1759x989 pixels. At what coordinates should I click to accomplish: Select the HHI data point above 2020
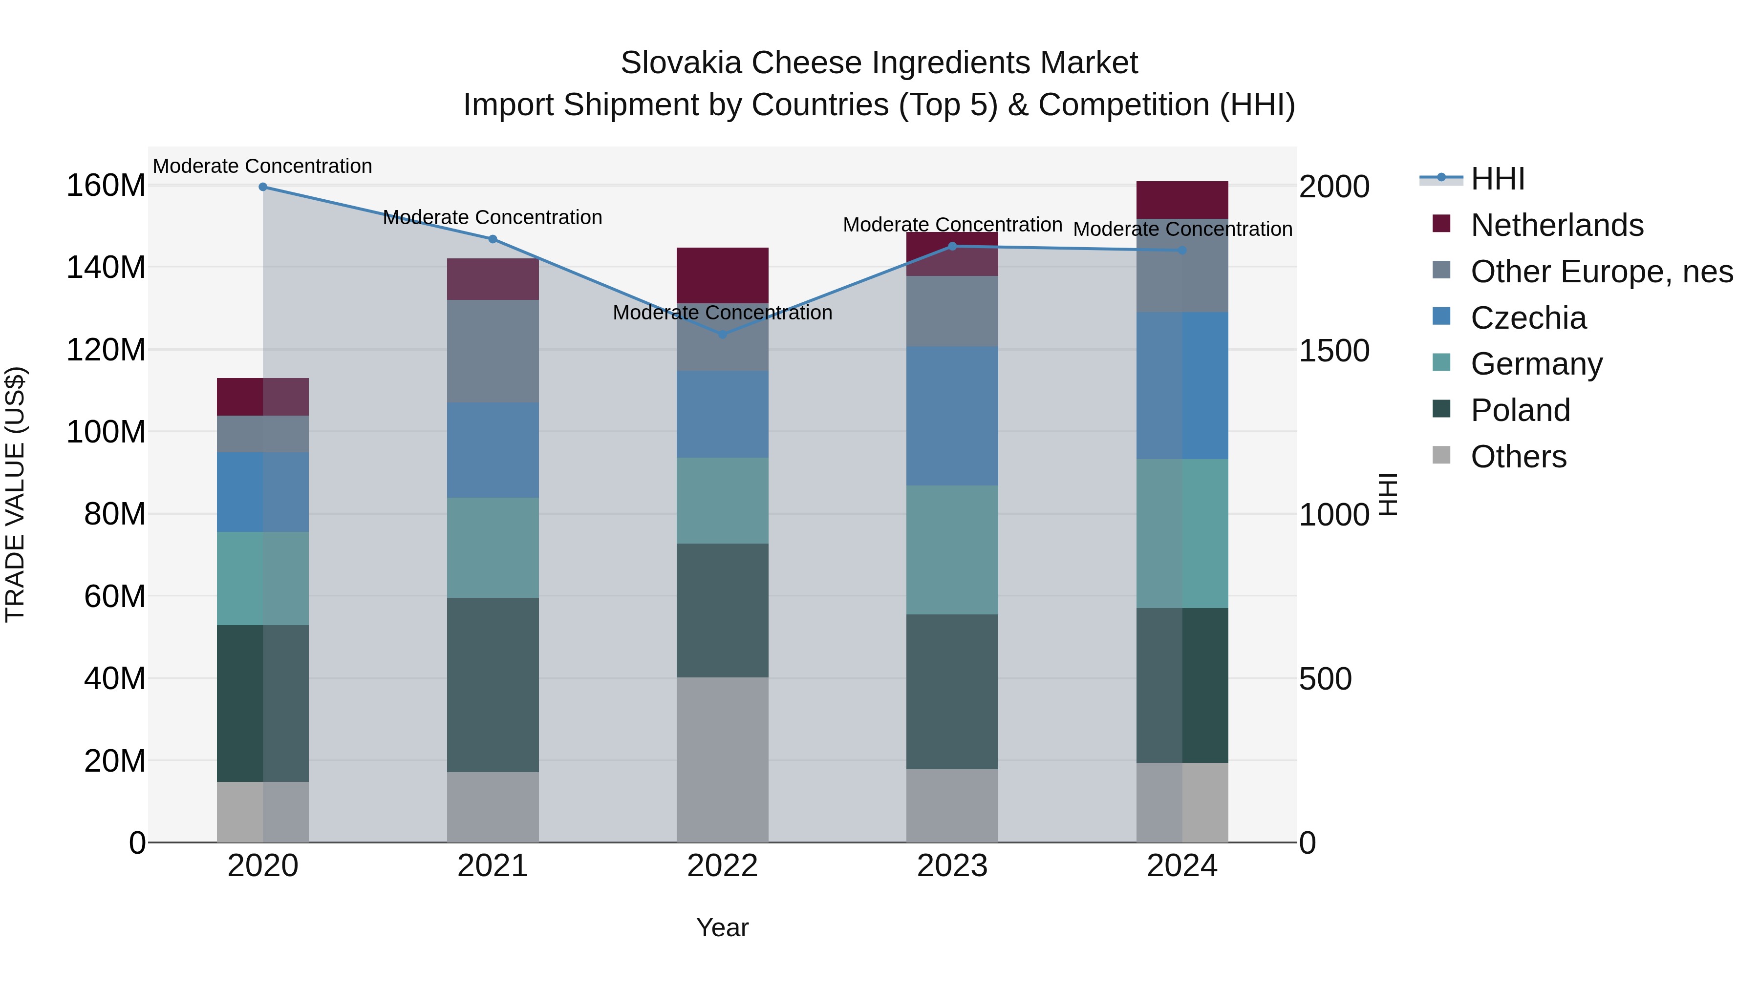pos(263,187)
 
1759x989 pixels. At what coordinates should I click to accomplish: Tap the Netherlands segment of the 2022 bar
pos(723,275)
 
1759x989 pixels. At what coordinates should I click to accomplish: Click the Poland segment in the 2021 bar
pos(493,685)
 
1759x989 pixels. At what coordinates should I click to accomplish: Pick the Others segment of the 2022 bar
pos(723,759)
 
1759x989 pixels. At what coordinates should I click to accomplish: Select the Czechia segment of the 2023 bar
pos(952,416)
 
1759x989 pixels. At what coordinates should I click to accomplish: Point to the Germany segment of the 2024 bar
pos(1182,533)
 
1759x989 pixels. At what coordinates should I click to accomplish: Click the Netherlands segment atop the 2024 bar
pos(1182,200)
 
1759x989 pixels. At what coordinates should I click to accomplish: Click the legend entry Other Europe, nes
pos(1601,272)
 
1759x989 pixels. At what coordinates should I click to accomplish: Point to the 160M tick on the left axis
pos(106,186)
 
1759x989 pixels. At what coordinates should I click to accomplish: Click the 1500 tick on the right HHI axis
pos(1333,351)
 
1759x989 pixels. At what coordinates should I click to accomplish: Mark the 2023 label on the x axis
pos(952,866)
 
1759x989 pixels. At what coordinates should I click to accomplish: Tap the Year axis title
pos(723,927)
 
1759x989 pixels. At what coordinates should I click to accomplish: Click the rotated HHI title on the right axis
pos(1388,494)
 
